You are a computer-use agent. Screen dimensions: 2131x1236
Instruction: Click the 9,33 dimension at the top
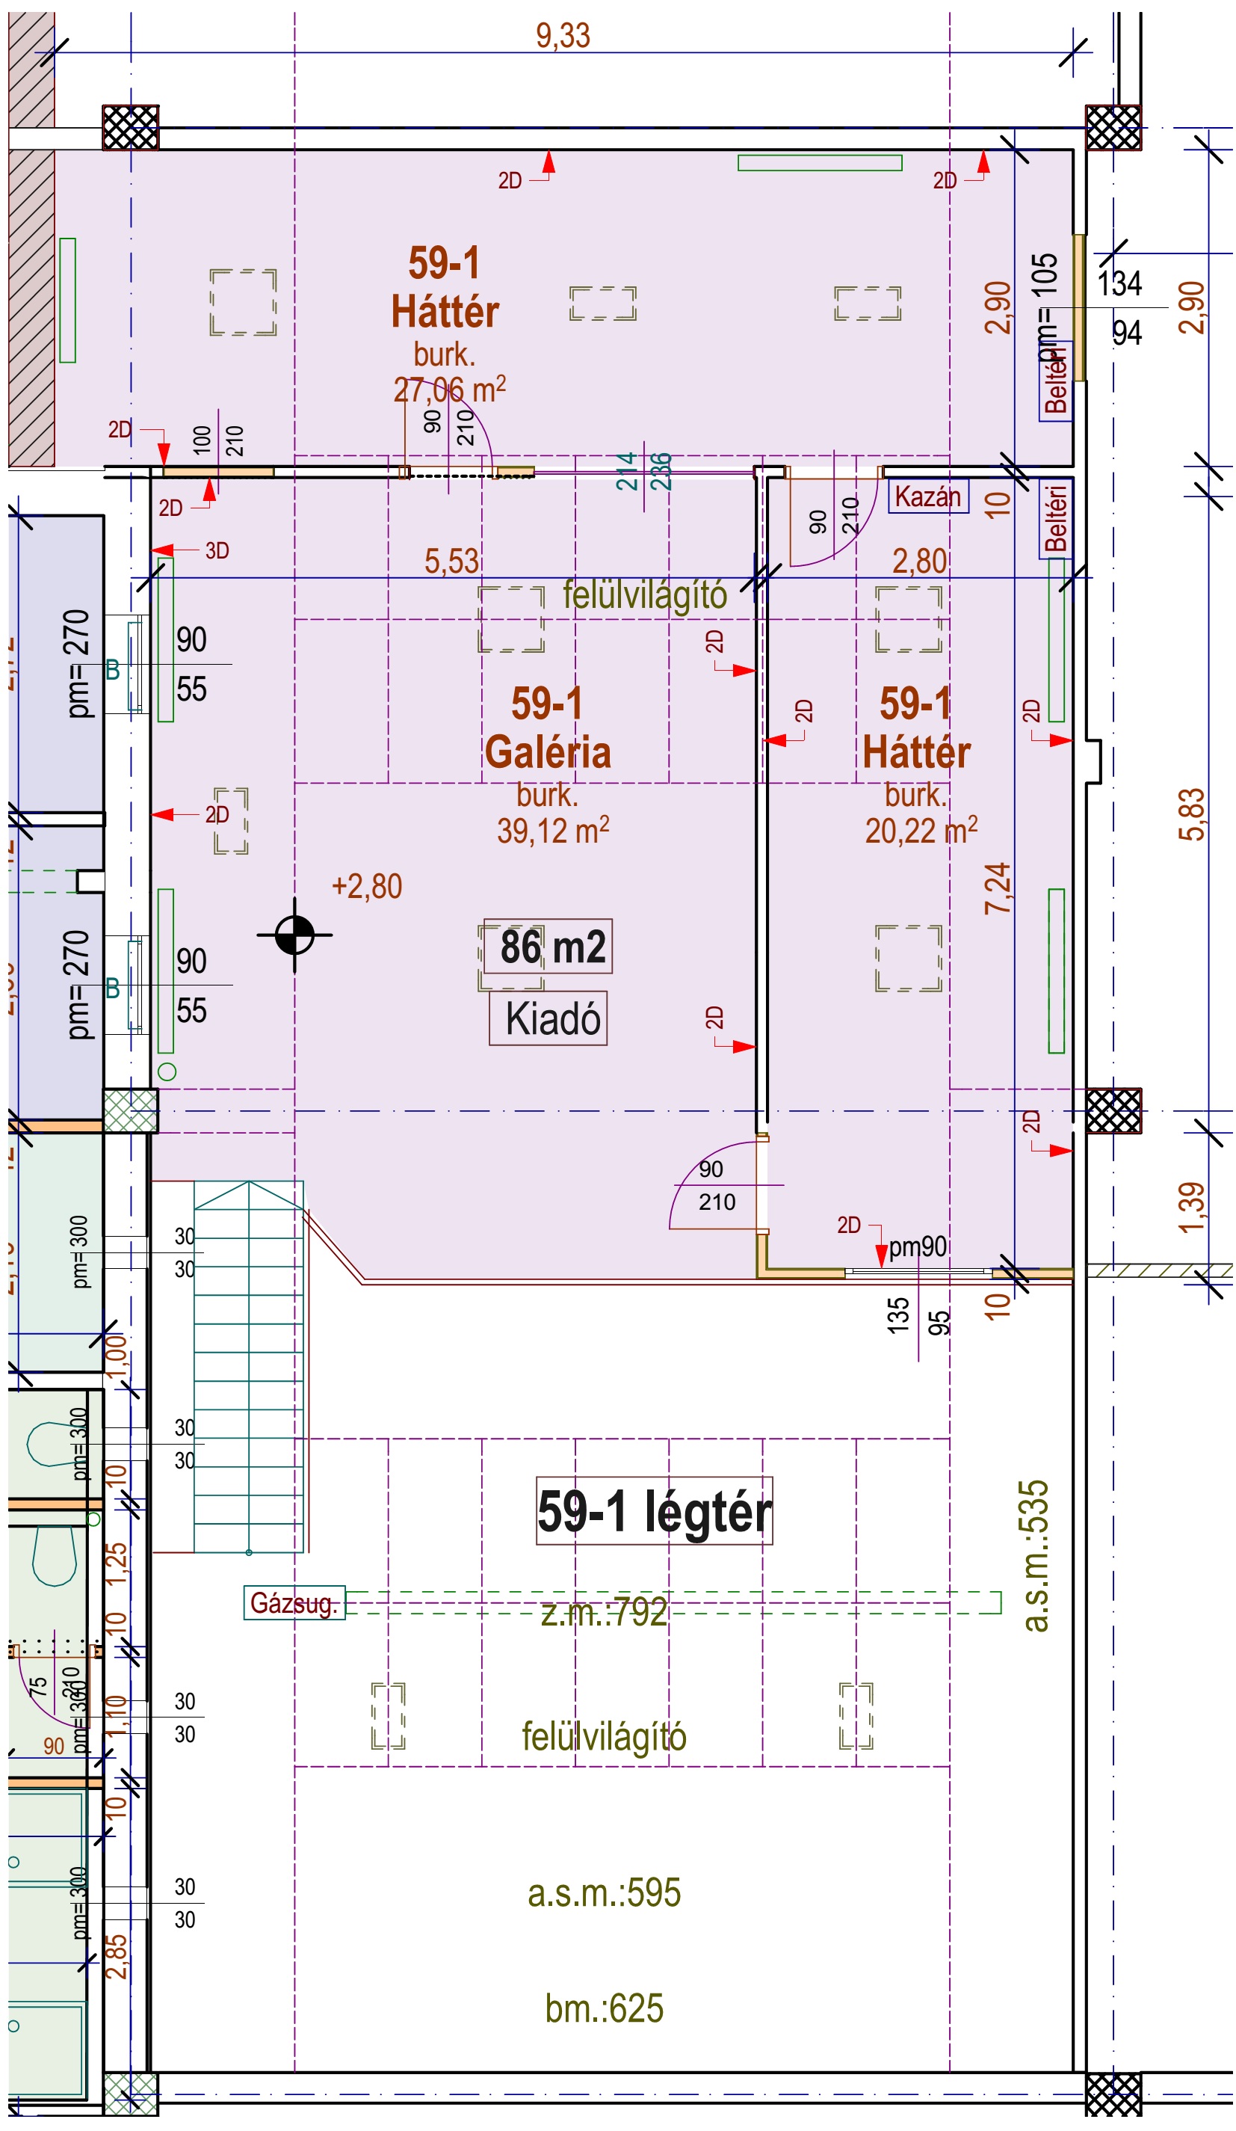pyautogui.click(x=562, y=37)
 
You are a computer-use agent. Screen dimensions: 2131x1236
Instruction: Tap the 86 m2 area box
pyautogui.click(x=549, y=947)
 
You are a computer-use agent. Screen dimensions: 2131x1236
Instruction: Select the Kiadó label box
pyautogui.click(x=549, y=1018)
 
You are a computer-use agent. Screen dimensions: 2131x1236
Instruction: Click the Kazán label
pyautogui.click(x=927, y=496)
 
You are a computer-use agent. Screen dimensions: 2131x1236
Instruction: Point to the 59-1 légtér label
pyautogui.click(x=654, y=1511)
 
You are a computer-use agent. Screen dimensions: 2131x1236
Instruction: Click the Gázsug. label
pyautogui.click(x=294, y=1602)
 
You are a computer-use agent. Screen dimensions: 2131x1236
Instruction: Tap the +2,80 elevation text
pyautogui.click(x=367, y=886)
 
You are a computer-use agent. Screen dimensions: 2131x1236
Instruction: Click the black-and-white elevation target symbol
pyautogui.click(x=294, y=935)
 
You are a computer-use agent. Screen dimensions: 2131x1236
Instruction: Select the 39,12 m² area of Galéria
pyautogui.click(x=552, y=831)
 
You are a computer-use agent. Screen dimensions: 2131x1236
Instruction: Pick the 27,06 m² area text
pyautogui.click(x=449, y=390)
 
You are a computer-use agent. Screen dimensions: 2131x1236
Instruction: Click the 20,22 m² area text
pyautogui.click(x=921, y=831)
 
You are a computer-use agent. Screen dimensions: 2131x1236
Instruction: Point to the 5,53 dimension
pyautogui.click(x=451, y=562)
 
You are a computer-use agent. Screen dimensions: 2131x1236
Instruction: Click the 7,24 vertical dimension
pyautogui.click(x=998, y=888)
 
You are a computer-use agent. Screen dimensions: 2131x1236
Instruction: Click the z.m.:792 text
pyautogui.click(x=604, y=1613)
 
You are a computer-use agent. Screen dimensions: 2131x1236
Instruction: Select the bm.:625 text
pyautogui.click(x=604, y=2008)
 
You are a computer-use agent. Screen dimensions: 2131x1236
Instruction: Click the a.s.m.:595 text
pyautogui.click(x=604, y=1892)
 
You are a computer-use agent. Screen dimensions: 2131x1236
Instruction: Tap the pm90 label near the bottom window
pyautogui.click(x=917, y=1246)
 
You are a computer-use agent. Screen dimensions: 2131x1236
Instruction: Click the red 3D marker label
pyautogui.click(x=217, y=550)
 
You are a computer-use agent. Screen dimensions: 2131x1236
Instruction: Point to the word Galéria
pyautogui.click(x=548, y=751)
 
